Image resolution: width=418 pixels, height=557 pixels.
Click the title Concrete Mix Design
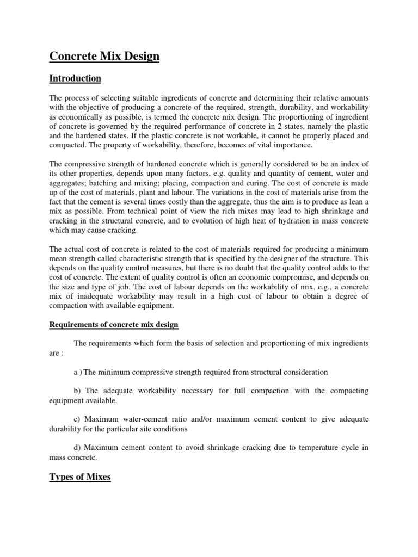pos(104,57)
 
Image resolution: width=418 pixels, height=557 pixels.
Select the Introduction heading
pos(75,78)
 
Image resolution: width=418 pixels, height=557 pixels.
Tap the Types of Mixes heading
pos(80,477)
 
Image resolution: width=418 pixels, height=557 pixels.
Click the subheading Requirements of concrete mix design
pos(114,325)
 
